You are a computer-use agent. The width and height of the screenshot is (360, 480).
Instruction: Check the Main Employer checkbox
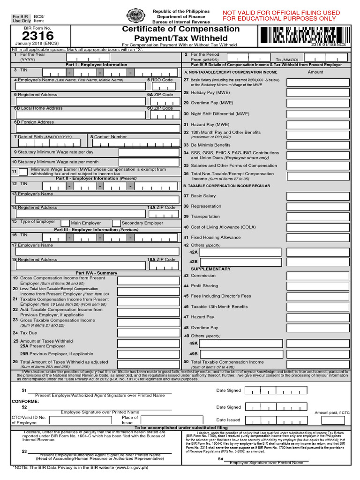(x=65, y=224)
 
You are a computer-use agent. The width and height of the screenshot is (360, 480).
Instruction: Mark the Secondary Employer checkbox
(x=116, y=224)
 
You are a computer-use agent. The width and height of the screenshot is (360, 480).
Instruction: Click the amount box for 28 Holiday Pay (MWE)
(x=319, y=93)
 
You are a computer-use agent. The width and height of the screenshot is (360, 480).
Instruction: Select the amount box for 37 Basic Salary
(x=319, y=196)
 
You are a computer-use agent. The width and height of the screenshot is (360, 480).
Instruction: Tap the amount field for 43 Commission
(x=319, y=276)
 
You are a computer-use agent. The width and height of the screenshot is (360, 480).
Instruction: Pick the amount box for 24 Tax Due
(x=148, y=333)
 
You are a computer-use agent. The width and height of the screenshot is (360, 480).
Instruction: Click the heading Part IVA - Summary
(x=97, y=273)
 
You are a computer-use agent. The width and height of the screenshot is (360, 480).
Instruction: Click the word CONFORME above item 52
(x=25, y=402)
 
